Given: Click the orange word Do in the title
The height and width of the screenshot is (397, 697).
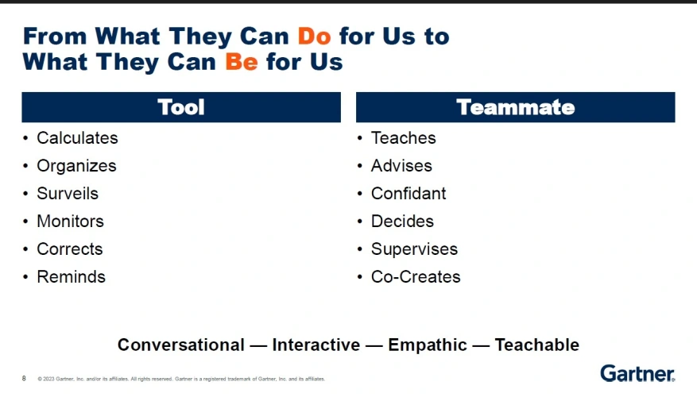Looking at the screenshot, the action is point(314,36).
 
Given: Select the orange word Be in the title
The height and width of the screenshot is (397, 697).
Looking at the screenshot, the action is point(242,61).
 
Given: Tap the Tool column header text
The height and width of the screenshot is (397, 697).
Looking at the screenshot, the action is point(181,107).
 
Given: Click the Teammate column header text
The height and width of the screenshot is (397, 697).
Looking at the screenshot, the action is point(515,107).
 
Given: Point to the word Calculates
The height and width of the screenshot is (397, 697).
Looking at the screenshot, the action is point(77,137).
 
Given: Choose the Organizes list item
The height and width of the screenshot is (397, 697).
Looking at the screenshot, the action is point(76,166).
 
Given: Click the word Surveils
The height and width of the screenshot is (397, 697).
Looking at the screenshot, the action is point(68,194).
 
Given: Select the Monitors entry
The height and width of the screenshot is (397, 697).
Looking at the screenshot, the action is point(70,222).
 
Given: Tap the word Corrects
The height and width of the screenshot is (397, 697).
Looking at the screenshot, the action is point(70,249).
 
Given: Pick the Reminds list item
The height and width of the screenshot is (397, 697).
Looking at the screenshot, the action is point(71,276).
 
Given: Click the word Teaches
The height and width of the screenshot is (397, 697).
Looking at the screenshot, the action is point(404,137).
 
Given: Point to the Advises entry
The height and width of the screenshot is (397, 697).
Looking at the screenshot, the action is point(401,166).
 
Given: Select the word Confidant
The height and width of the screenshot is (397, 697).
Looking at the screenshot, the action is point(409,194).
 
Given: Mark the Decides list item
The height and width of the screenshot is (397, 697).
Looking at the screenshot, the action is point(402,222).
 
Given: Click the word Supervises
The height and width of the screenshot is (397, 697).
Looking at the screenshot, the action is point(414,249).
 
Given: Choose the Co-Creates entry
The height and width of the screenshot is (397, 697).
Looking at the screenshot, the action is point(416,276).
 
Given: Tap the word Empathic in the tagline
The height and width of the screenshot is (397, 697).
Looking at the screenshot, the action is point(428,345).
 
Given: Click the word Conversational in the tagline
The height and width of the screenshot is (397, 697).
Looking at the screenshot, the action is point(181,345).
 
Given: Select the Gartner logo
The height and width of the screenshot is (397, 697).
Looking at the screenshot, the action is point(637,373).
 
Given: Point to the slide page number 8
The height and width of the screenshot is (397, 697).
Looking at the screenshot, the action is point(24,379).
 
